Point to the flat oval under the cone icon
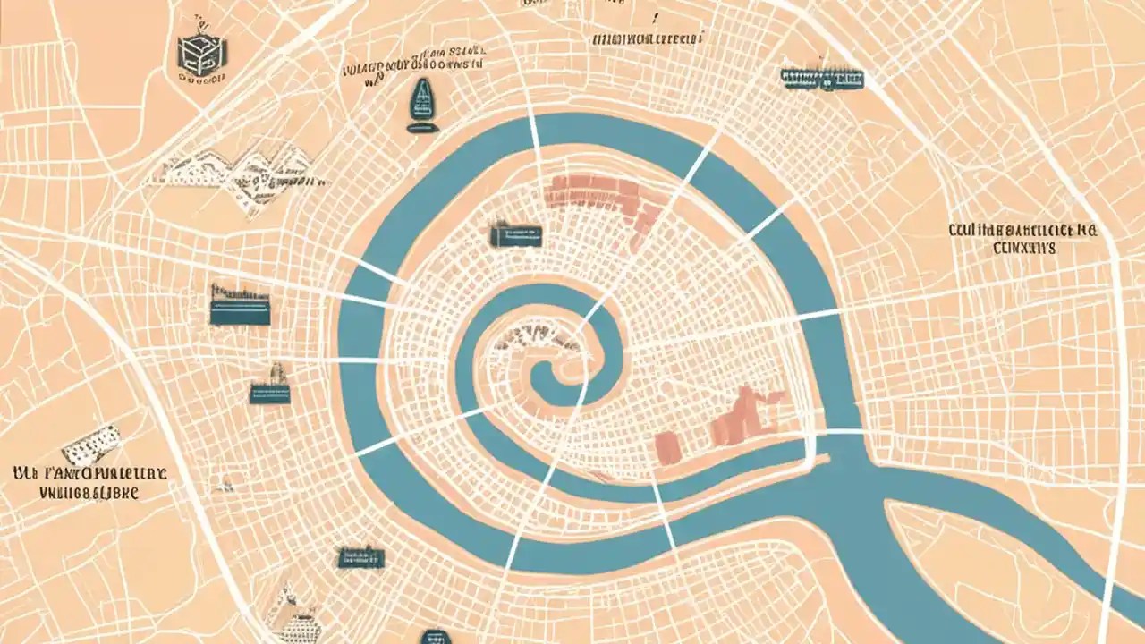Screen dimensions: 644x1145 420,129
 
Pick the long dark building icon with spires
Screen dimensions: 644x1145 822,79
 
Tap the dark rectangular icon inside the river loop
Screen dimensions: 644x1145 516,235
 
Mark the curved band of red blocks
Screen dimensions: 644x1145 608,200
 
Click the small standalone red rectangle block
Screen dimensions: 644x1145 666,445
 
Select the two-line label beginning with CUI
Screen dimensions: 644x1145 1023,239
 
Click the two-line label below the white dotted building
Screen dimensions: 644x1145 89,481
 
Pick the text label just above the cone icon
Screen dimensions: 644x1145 413,67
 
